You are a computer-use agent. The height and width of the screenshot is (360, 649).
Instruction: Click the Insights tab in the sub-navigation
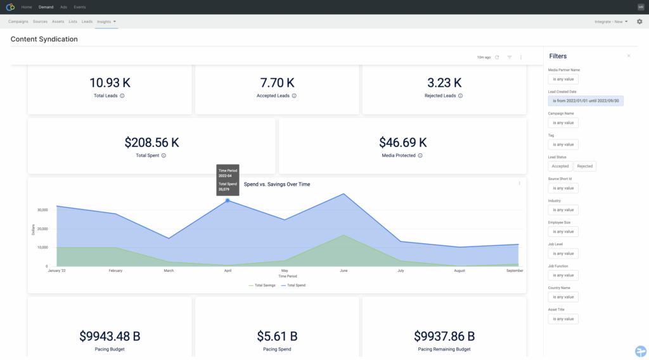[106, 22]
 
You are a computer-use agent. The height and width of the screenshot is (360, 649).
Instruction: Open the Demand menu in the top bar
[46, 7]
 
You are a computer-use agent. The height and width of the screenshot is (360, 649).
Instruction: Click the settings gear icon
[639, 22]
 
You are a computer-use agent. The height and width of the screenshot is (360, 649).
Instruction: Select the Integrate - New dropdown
[611, 22]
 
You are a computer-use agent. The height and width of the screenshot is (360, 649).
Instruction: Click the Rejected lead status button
[584, 166]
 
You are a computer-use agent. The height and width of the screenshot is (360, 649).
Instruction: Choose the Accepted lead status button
[560, 166]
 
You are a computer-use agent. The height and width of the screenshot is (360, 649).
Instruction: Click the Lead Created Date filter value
[586, 101]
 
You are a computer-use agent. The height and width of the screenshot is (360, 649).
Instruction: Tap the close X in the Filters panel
[629, 56]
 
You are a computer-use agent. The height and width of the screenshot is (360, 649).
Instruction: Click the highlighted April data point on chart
[228, 200]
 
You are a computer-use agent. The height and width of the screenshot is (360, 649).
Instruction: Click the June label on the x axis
[344, 271]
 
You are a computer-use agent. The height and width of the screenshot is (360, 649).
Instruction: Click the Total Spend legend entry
[297, 285]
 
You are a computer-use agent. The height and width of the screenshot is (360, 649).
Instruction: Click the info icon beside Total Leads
[122, 96]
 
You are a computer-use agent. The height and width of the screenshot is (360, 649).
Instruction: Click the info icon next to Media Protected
[420, 155]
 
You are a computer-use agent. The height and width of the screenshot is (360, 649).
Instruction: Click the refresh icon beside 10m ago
[497, 57]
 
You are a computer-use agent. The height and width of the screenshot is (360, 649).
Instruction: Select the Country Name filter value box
[563, 297]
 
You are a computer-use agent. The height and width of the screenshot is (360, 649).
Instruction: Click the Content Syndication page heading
[44, 39]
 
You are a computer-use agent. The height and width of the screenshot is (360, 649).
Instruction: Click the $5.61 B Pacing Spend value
[277, 336]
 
